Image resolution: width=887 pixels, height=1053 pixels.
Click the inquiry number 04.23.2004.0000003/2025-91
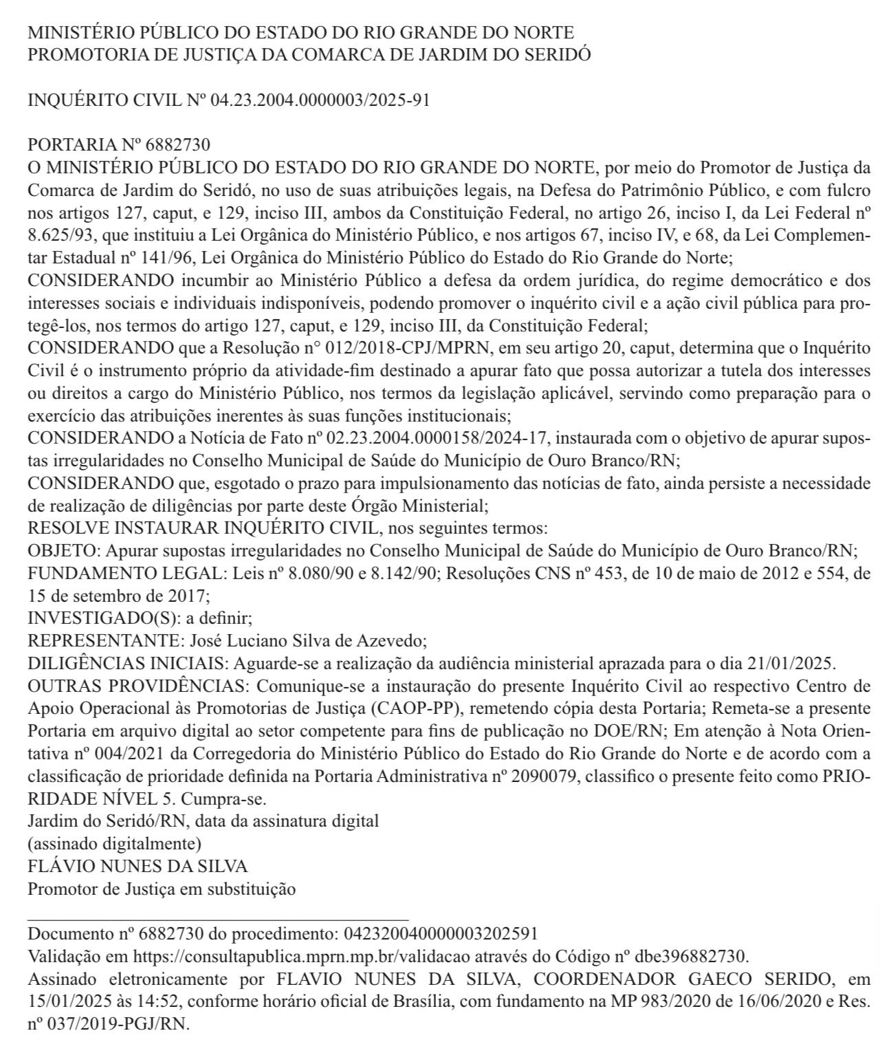320,100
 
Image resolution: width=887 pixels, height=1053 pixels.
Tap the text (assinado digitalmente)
114,843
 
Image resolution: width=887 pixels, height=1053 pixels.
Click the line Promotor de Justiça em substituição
162,888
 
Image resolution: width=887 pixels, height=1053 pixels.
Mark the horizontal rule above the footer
218,919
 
